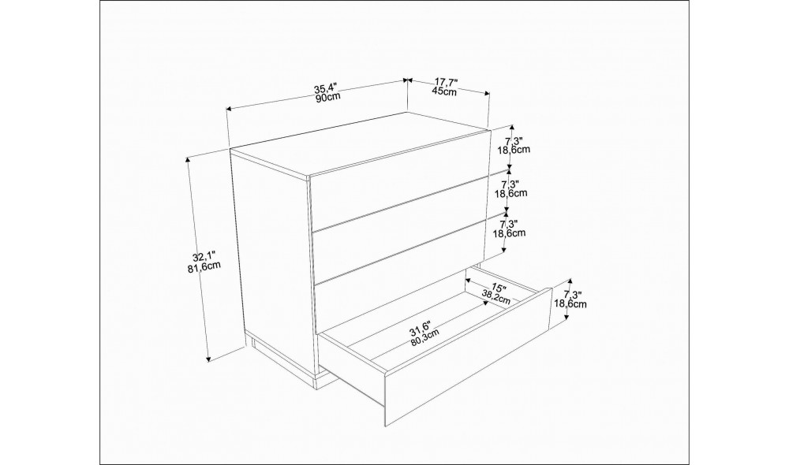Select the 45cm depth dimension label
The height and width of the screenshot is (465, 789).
tap(444, 91)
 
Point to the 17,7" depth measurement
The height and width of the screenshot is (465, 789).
tap(446, 83)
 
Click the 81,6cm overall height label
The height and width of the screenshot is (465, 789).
tap(204, 266)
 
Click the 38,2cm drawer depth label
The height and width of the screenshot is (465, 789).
tap(496, 297)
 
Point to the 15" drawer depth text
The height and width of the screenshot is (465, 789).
tap(498, 288)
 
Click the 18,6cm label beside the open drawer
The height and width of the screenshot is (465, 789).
tap(570, 303)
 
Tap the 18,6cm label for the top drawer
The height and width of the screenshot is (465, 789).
tap(514, 149)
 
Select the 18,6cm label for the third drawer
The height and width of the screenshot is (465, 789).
tap(509, 232)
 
